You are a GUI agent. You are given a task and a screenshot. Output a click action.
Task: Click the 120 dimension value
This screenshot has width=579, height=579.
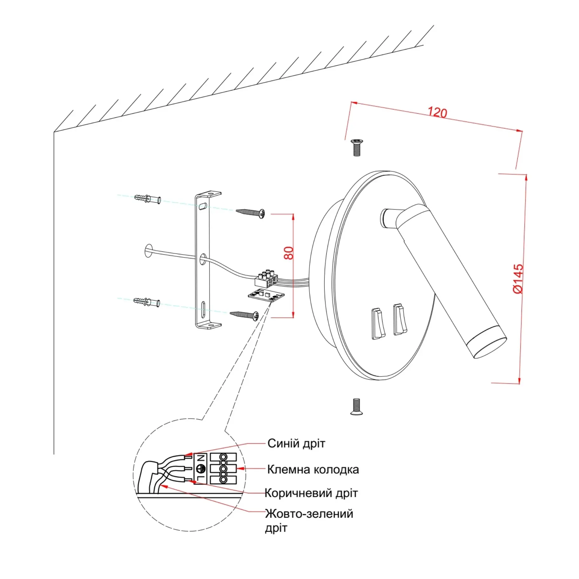point(437,112)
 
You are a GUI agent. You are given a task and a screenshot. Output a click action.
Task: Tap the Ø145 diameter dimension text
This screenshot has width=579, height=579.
point(518,279)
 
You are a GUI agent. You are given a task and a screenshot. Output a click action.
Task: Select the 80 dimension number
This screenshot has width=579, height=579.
point(289,253)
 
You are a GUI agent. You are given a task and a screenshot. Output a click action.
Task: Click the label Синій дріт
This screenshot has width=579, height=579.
point(296,443)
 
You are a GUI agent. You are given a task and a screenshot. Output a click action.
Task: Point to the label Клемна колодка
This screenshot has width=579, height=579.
point(313,469)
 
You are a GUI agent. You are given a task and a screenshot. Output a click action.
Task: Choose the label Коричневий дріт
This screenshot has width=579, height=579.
point(311,493)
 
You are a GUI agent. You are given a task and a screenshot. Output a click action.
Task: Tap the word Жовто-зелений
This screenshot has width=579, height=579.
point(309,514)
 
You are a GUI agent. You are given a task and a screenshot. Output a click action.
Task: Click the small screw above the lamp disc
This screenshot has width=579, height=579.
point(357,148)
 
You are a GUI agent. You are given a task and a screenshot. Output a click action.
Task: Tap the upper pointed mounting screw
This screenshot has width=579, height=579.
point(250,213)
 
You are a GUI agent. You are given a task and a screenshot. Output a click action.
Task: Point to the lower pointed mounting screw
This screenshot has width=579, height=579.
point(244,315)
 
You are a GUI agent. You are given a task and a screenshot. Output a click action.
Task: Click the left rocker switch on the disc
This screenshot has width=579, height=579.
point(378,324)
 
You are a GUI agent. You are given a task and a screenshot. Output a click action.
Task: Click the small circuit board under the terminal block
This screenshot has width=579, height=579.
point(266,295)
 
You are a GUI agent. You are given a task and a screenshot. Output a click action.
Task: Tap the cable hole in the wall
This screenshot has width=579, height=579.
point(148,251)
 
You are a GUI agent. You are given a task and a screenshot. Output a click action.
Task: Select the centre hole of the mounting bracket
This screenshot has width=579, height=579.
point(203,259)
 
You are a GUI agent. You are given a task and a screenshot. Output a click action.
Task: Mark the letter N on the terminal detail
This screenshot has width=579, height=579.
point(201,458)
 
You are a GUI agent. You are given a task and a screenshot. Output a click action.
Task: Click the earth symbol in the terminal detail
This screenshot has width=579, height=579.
point(201,468)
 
